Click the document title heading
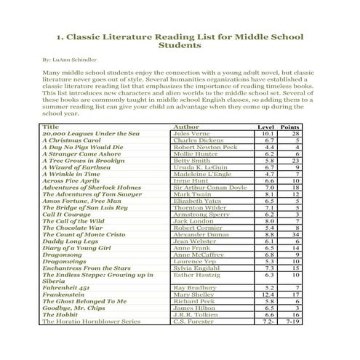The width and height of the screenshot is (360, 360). [179, 39]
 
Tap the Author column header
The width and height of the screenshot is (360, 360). [186, 127]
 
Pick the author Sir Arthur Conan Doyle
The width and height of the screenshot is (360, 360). [210, 187]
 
